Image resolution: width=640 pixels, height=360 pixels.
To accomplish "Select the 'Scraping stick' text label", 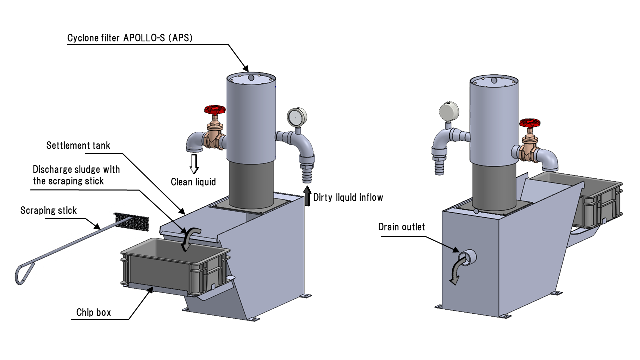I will click(x=49, y=210).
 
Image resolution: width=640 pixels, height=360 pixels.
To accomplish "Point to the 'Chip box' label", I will click(x=94, y=313).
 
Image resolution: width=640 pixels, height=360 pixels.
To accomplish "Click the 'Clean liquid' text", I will click(x=193, y=182).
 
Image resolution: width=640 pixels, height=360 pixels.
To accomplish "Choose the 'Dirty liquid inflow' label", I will click(x=348, y=197).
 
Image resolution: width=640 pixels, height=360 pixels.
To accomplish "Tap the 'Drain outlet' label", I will click(x=402, y=227).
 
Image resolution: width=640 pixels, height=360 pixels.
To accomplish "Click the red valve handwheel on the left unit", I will click(x=215, y=110).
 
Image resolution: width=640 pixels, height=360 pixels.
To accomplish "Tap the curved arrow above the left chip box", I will click(x=190, y=237).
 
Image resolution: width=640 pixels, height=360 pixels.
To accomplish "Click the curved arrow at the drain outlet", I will click(x=457, y=270).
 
